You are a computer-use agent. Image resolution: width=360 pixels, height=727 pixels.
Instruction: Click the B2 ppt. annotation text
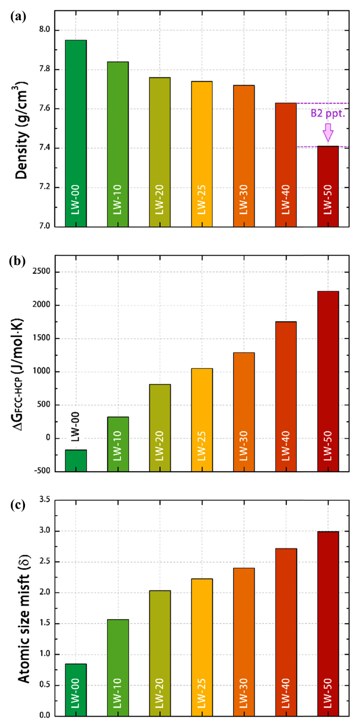tap(328, 113)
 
